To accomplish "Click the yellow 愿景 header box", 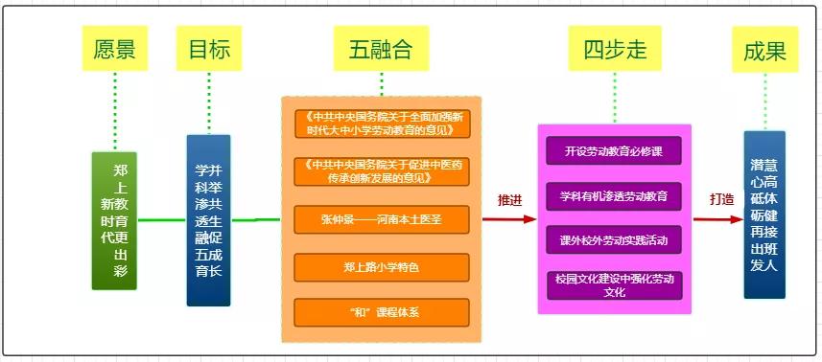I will coord(114,49).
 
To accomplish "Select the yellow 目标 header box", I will coord(209,49).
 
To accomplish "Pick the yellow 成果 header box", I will coord(764,51).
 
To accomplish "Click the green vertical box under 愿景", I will coord(114,219).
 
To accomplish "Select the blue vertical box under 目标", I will coord(208,219).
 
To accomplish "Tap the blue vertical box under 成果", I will coord(764,214).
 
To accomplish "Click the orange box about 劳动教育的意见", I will coord(381,124).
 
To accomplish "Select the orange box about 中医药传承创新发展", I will coord(381,170).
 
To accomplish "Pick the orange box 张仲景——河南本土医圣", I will coord(381,218).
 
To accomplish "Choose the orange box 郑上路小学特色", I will coord(381,267).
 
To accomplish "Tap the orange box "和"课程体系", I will coord(381,312).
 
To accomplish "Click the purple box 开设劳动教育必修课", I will coord(614,151).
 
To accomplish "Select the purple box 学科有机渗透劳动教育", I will coord(614,196).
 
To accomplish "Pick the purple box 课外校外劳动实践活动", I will coord(614,239).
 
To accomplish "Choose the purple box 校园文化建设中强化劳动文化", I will coord(614,284).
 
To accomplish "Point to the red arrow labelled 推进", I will coord(509,219).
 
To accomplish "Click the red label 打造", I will coord(720,201).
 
